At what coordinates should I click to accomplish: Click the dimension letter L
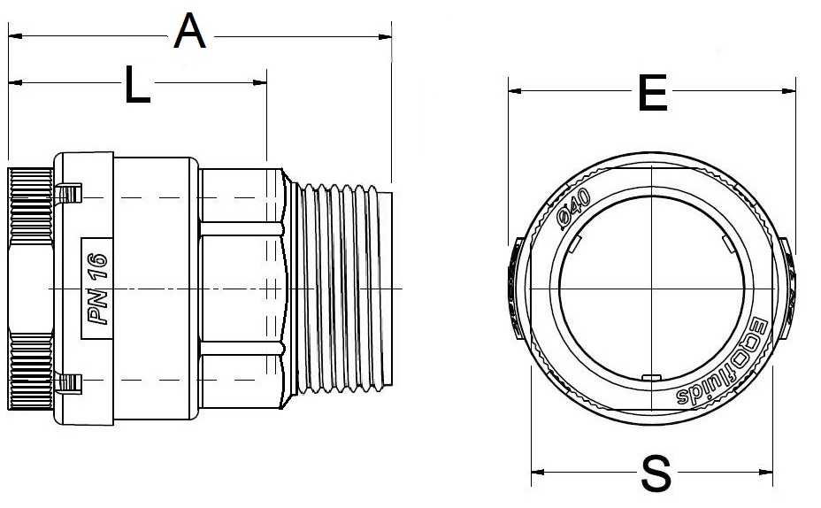click(137, 86)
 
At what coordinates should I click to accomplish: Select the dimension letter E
click(652, 93)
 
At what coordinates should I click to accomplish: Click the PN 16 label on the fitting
click(96, 289)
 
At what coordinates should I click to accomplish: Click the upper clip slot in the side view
click(67, 194)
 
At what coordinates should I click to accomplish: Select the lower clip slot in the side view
click(67, 382)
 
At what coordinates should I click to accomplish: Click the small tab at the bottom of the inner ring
click(652, 378)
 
